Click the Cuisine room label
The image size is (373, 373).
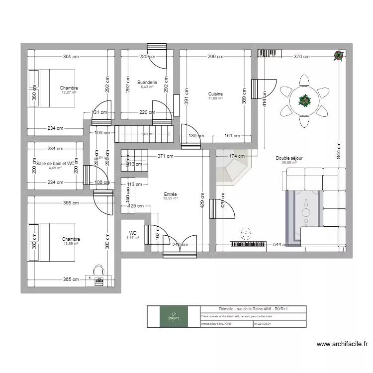click(x=215, y=94)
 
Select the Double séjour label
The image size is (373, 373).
click(x=289, y=158)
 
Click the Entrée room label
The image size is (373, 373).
click(x=170, y=194)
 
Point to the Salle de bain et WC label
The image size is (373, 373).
click(x=55, y=163)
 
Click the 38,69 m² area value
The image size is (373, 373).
click(x=289, y=163)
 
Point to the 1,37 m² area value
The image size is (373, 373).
click(x=133, y=237)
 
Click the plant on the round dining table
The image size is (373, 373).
click(x=303, y=100)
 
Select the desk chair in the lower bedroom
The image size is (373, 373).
click(x=97, y=272)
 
